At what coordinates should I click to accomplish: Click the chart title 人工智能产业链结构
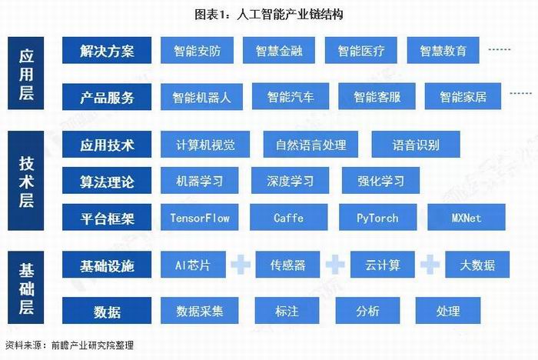pos(290,15)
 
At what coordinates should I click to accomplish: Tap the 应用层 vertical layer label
pos(25,73)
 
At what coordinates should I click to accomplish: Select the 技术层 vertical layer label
pos(25,181)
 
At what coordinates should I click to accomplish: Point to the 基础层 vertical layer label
pos(25,288)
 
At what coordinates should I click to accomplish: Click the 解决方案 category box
pos(107,51)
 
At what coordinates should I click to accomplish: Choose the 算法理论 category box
pos(107,181)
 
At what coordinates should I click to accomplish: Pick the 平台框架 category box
pos(107,218)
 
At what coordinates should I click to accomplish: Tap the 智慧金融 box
pos(279,51)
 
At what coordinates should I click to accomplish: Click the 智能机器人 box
pos(201,97)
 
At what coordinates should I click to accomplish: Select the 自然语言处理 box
pos(311,145)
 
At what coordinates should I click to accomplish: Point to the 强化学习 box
pos(381,181)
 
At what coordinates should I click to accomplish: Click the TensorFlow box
pos(200,218)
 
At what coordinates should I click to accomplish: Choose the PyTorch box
pos(378,218)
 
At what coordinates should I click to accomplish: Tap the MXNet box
pos(467,218)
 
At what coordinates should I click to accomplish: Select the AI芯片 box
pos(193,265)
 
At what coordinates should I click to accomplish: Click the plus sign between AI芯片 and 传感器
pos(241,265)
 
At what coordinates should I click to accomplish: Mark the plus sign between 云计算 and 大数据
pos(430,265)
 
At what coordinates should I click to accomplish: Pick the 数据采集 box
pos(200,311)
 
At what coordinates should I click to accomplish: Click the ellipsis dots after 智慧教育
pos(500,49)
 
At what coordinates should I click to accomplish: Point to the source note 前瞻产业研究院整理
pos(92,345)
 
